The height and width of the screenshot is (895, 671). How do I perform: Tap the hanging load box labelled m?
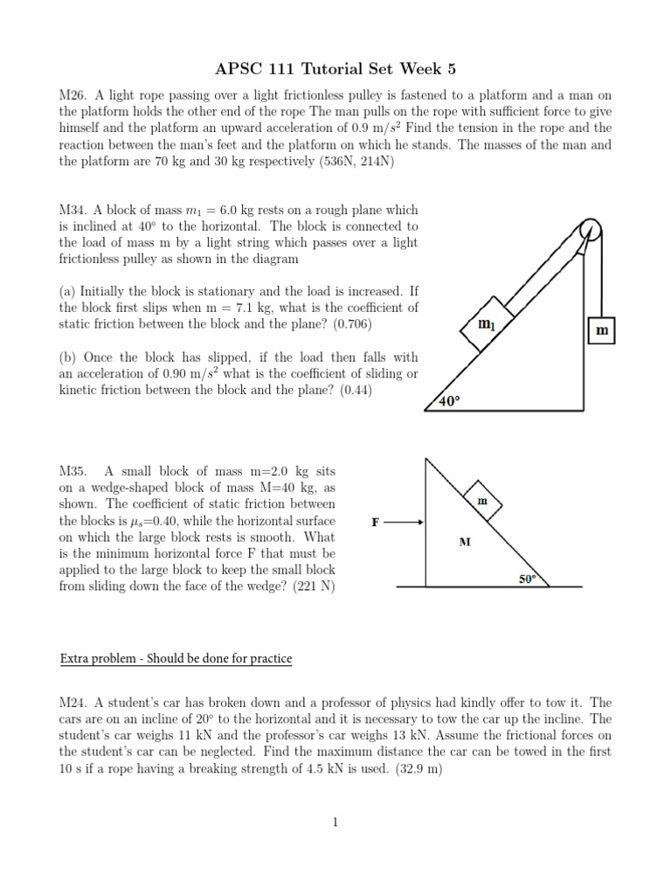click(x=601, y=331)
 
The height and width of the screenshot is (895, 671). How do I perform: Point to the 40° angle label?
click(x=448, y=401)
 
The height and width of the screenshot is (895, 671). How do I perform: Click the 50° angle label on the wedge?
click(x=527, y=579)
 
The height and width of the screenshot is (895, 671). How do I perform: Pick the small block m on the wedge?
click(x=481, y=501)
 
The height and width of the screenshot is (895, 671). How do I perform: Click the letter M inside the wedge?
click(x=465, y=542)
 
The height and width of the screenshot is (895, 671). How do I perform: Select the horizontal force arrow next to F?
click(x=405, y=522)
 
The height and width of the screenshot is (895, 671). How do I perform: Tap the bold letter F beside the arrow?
click(x=376, y=523)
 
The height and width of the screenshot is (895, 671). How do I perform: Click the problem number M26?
click(x=72, y=95)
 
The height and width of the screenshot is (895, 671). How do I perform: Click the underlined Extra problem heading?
click(x=176, y=658)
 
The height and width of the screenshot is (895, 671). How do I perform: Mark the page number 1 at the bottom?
click(x=335, y=822)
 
